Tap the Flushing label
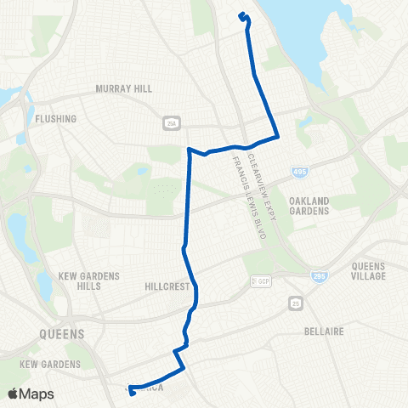point(57,119)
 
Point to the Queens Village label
point(368,271)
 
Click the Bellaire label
point(323,331)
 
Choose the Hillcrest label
point(166,287)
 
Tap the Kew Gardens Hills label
point(90,281)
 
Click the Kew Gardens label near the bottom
point(49,364)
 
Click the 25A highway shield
point(170,122)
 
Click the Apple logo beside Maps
point(14,394)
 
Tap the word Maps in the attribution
point(37,394)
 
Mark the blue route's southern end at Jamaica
point(131,392)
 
